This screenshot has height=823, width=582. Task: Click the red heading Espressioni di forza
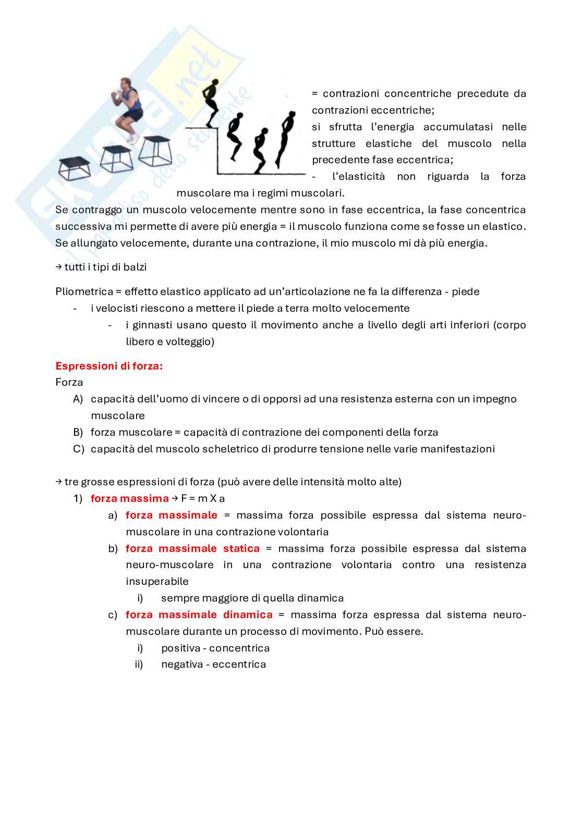coord(109,366)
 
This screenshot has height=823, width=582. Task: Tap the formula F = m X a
coord(203,498)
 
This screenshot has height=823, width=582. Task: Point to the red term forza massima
coord(129,498)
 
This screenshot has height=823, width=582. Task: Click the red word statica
coord(241,548)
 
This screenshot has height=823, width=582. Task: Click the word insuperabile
coord(157,581)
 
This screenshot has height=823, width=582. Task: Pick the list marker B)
coord(78,432)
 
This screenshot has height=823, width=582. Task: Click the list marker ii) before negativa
coord(139,664)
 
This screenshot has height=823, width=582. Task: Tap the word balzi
coord(134,267)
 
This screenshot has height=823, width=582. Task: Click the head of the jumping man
coord(125,83)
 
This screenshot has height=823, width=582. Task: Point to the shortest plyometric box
coord(74,168)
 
